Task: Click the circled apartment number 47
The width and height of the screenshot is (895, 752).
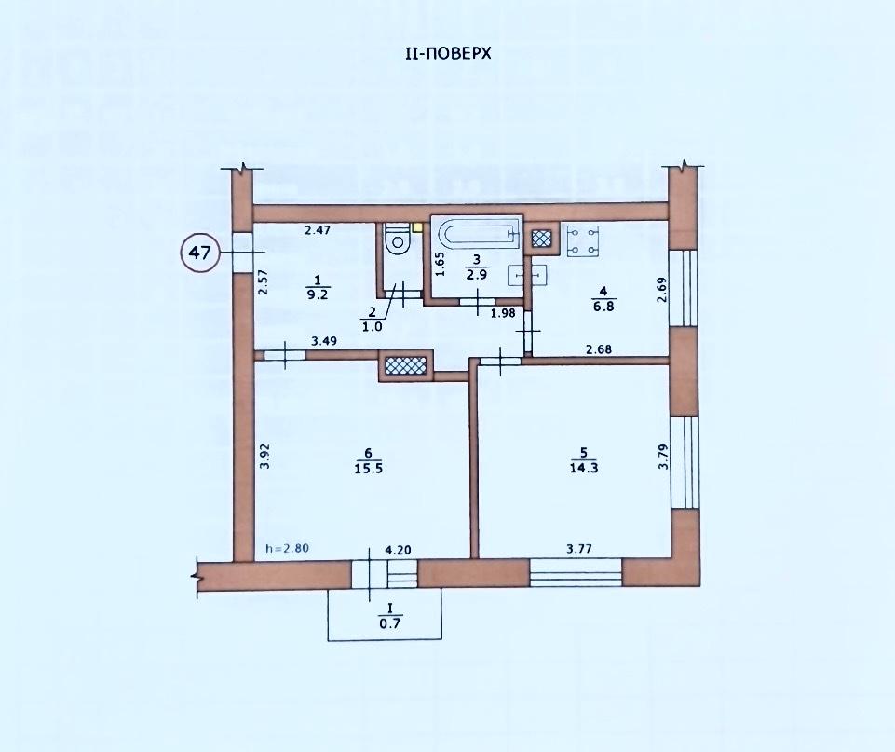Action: pyautogui.click(x=200, y=252)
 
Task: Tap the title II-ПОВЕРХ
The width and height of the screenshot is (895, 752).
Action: pyautogui.click(x=448, y=54)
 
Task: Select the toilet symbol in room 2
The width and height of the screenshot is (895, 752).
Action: pyautogui.click(x=398, y=239)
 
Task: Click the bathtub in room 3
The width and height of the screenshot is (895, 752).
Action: pyautogui.click(x=477, y=234)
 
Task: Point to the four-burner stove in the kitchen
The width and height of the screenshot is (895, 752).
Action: pyautogui.click(x=583, y=241)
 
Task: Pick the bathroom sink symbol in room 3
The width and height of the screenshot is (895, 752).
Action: pyautogui.click(x=527, y=275)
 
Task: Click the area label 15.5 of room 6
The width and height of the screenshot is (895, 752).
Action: pyautogui.click(x=368, y=468)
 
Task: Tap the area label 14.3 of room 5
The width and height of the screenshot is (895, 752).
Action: pyautogui.click(x=583, y=468)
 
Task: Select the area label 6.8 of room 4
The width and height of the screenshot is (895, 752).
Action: pyautogui.click(x=603, y=306)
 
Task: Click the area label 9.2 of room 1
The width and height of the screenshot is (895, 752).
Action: pyautogui.click(x=318, y=294)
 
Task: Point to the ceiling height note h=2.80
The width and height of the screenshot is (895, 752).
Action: pyautogui.click(x=288, y=548)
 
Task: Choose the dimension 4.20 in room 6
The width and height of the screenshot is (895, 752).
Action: pyautogui.click(x=399, y=551)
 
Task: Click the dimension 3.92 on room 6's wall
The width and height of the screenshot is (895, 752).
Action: pyautogui.click(x=264, y=457)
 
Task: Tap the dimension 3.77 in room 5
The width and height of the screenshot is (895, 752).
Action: pyautogui.click(x=578, y=549)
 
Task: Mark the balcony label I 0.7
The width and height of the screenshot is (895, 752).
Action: pyautogui.click(x=390, y=618)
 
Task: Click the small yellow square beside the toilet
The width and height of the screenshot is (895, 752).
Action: pyautogui.click(x=418, y=226)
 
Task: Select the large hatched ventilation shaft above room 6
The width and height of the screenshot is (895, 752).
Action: pyautogui.click(x=406, y=365)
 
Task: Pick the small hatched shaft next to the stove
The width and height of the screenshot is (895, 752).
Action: pyautogui.click(x=541, y=238)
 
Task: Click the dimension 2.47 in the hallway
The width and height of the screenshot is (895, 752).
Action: pyautogui.click(x=318, y=231)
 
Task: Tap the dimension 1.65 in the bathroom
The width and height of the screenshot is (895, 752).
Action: pyautogui.click(x=440, y=265)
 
